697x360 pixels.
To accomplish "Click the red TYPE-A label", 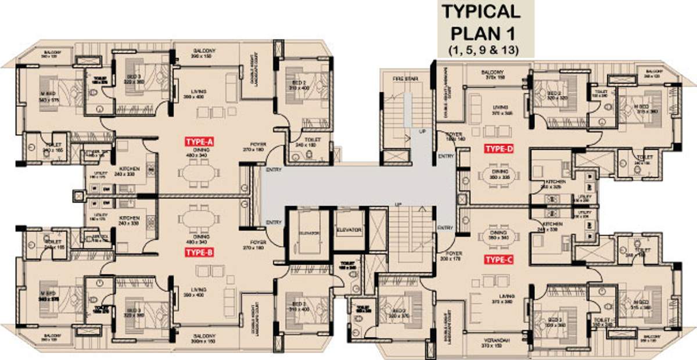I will tap(199, 142).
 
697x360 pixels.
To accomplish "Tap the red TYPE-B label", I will tap(199, 252).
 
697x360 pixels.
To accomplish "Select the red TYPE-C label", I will tap(499, 259).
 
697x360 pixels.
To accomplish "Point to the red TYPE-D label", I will tap(499, 149).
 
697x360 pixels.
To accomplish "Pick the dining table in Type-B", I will tap(199, 219).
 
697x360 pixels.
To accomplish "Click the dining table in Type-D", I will tap(498, 174).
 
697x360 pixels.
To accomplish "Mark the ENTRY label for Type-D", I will tap(446, 156).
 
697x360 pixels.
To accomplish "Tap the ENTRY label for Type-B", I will tap(273, 222).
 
